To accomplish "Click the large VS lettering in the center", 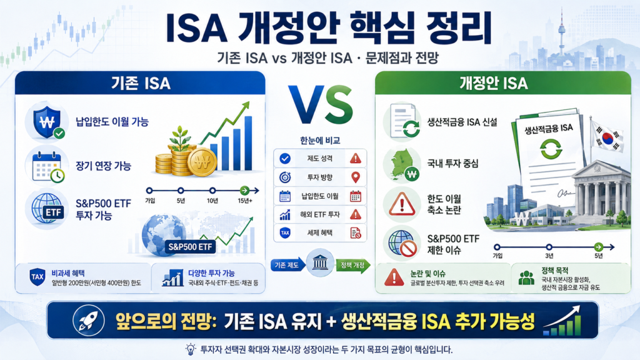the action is click(320, 105).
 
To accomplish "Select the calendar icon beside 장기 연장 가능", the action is click(47, 166).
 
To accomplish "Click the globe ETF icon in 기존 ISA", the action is click(47, 209).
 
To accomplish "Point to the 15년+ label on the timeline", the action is click(245, 201).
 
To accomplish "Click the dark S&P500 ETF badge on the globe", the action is click(190, 246).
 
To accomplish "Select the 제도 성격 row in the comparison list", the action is click(320, 158).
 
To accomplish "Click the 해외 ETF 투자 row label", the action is click(320, 214).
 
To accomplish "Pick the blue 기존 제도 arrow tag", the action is click(287, 265).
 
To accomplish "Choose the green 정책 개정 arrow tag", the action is click(353, 265).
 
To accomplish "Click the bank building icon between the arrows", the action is click(320, 263).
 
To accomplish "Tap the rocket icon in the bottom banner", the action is click(89, 321).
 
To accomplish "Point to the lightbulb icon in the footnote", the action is click(190, 349).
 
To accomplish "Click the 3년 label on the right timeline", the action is click(549, 256).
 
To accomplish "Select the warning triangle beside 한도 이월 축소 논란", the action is click(402, 204).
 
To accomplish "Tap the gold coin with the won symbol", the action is click(202, 162).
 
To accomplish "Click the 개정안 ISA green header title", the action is click(494, 83).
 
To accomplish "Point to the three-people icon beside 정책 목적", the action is click(526, 277).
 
